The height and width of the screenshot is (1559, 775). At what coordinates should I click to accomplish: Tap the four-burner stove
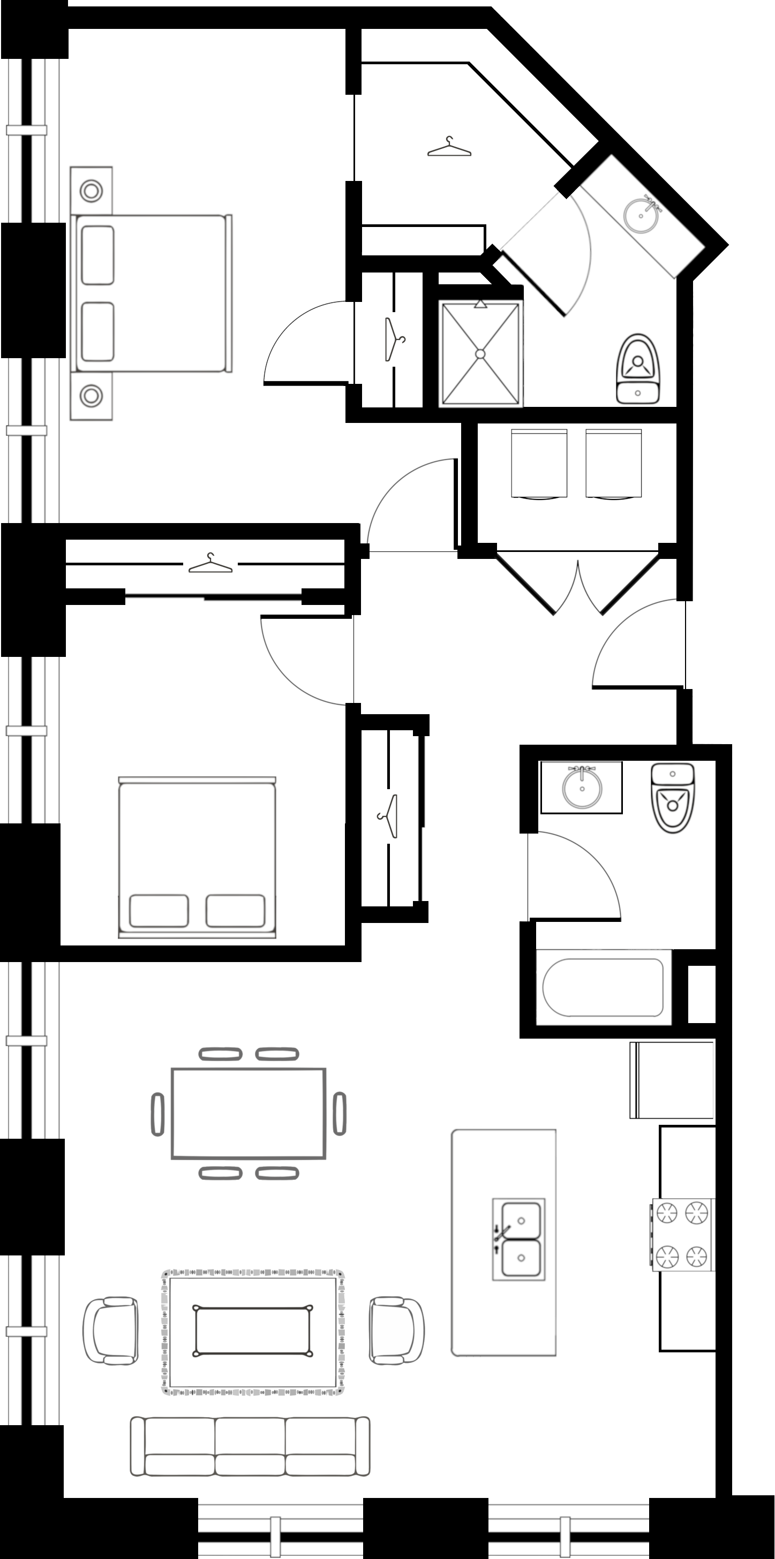(683, 1235)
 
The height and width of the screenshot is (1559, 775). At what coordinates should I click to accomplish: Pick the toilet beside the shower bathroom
(637, 370)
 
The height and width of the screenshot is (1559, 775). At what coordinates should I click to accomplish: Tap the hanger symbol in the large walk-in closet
(449, 148)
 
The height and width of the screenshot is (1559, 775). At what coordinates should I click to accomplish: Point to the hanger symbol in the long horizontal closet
(210, 564)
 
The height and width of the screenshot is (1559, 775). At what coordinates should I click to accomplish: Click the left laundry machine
(539, 464)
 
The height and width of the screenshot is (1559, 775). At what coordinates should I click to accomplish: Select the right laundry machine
(613, 464)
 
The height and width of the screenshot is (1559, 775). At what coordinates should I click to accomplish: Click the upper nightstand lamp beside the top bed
(91, 191)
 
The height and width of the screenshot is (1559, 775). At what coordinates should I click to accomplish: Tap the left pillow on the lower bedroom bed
(159, 911)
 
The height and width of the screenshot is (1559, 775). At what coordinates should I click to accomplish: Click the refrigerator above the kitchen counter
(672, 1080)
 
